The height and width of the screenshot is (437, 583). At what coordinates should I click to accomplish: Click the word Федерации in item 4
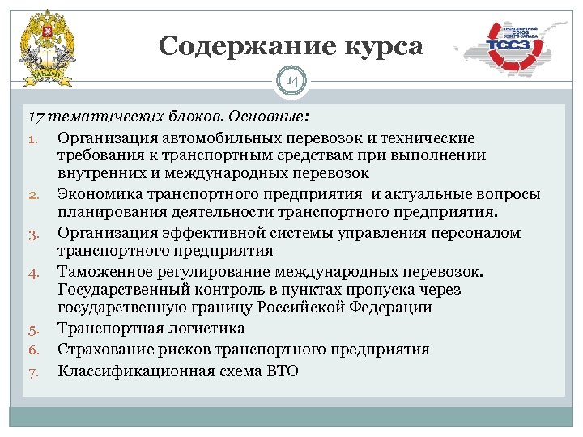(392, 308)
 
